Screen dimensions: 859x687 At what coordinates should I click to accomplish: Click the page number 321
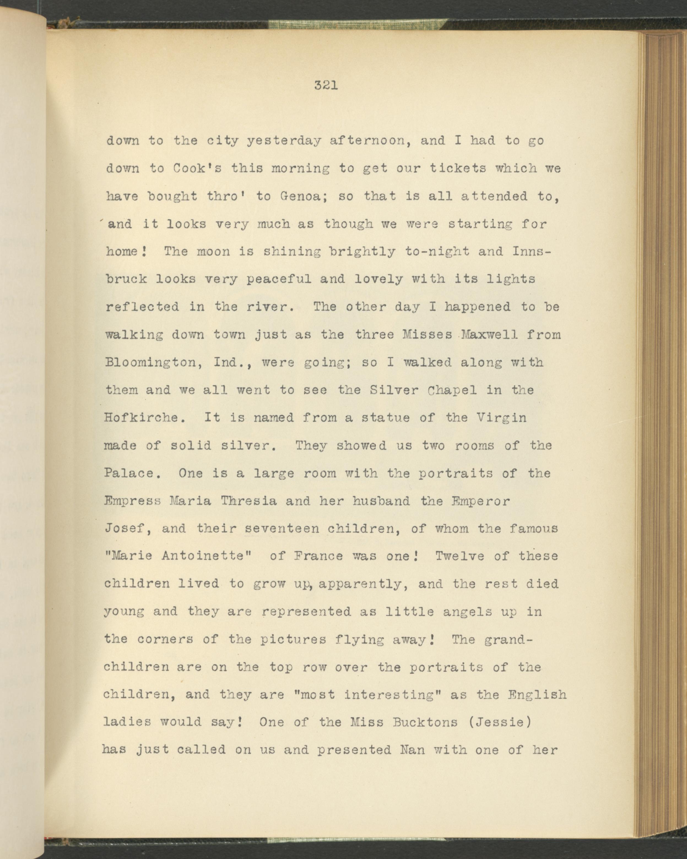326,97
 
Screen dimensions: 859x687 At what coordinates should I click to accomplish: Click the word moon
213,251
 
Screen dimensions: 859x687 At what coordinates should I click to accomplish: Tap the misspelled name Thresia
248,501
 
